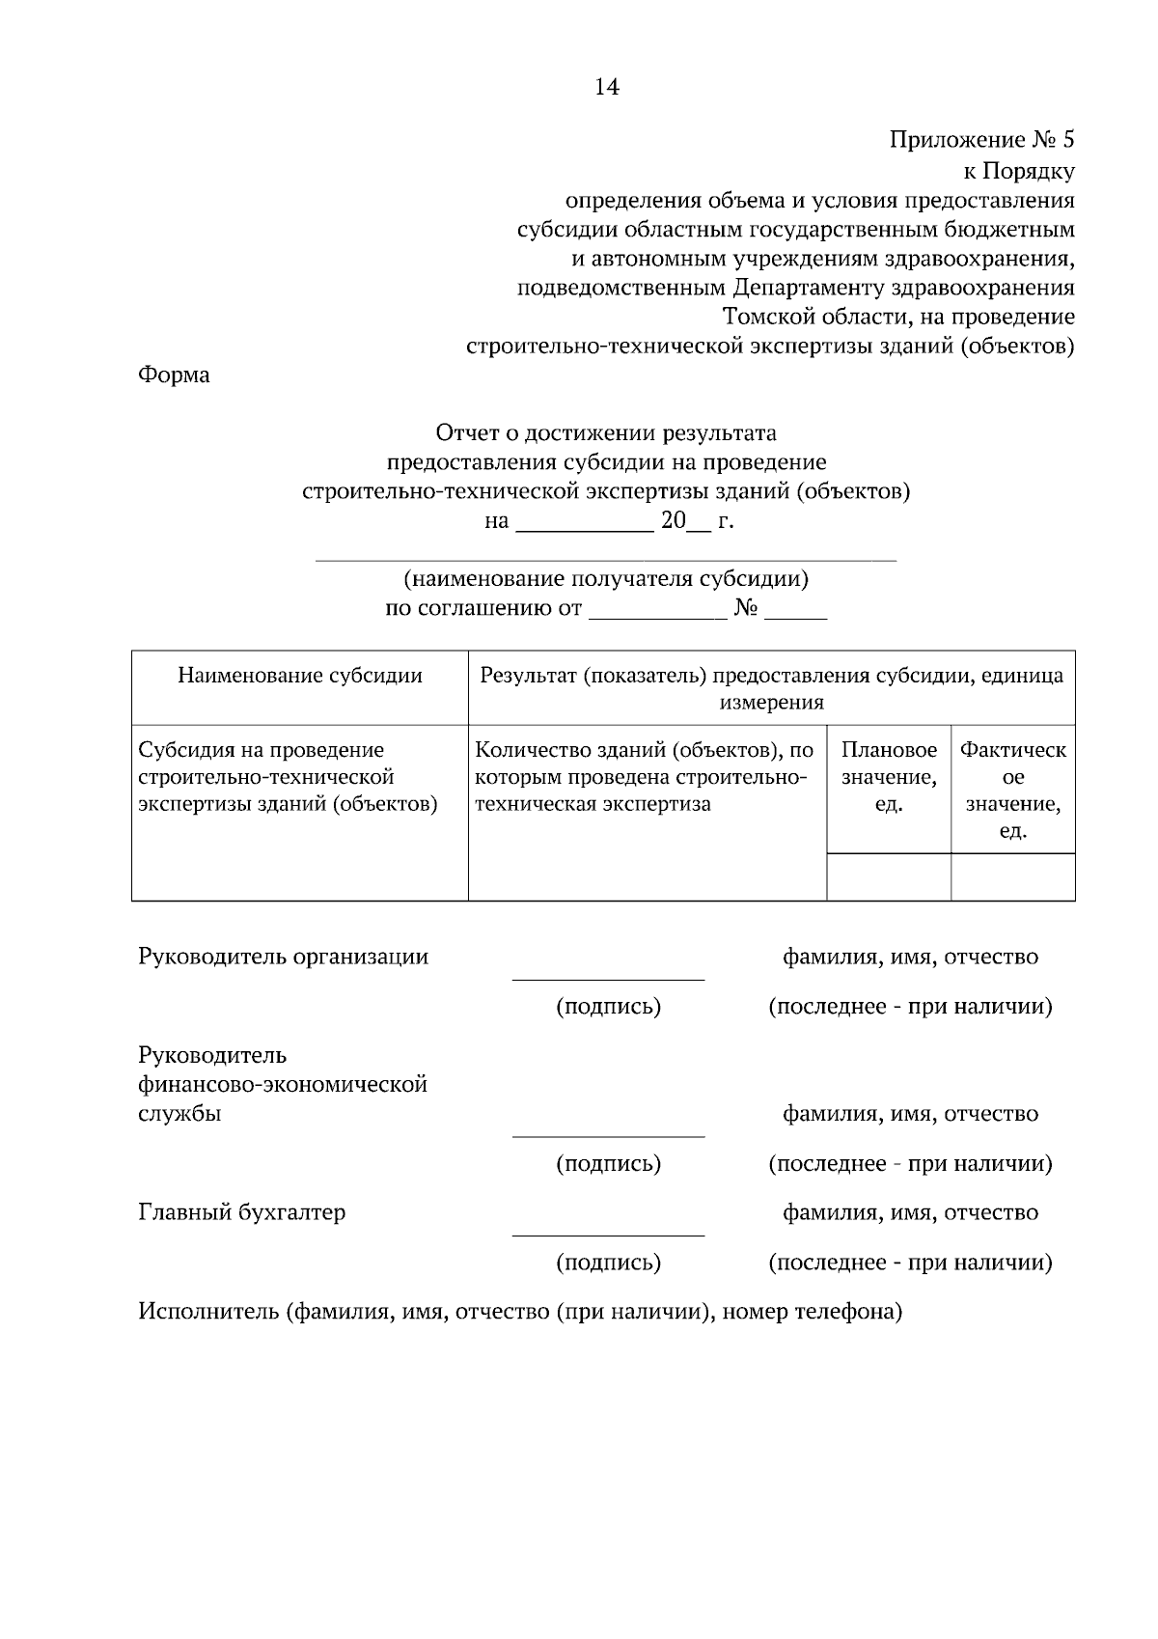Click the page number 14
pos(606,88)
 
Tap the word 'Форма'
pos(174,375)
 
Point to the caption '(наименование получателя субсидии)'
pos(605,579)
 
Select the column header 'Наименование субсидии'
pos(300,676)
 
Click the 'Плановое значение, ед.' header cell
pos(889,777)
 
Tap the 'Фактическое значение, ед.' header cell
pos(1012,790)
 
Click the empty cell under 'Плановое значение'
pos(889,876)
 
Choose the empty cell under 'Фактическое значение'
pos(1012,876)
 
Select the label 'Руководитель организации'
pos(284,958)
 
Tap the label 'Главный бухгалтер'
pos(242,1213)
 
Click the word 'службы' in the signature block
pos(179,1114)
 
